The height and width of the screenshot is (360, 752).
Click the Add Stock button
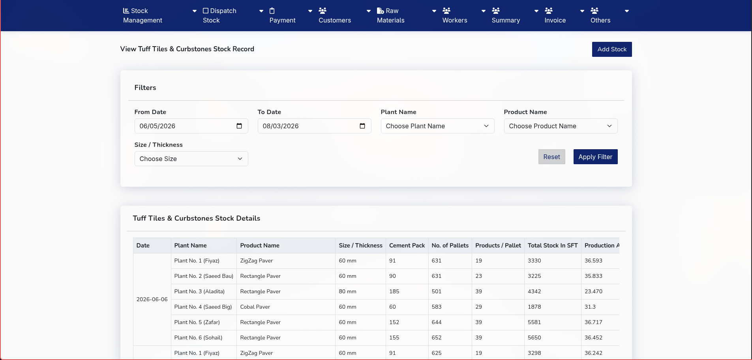tap(612, 49)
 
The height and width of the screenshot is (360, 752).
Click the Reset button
tap(551, 157)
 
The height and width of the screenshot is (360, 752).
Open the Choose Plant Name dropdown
tap(437, 126)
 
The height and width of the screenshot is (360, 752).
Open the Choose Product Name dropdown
tap(561, 126)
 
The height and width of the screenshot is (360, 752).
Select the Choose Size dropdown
tap(191, 159)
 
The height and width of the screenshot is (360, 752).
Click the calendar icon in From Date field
tap(239, 126)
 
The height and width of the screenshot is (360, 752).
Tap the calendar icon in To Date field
tap(362, 126)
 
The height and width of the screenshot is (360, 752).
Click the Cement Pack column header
tap(407, 246)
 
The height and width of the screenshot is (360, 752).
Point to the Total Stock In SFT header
tap(553, 246)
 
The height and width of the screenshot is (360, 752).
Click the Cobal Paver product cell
tap(255, 307)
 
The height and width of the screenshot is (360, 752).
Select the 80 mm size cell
tap(347, 291)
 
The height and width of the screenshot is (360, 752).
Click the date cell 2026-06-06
tap(152, 299)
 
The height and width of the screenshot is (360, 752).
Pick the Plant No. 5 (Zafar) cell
tap(197, 322)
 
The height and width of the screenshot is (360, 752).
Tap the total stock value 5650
tap(534, 337)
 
